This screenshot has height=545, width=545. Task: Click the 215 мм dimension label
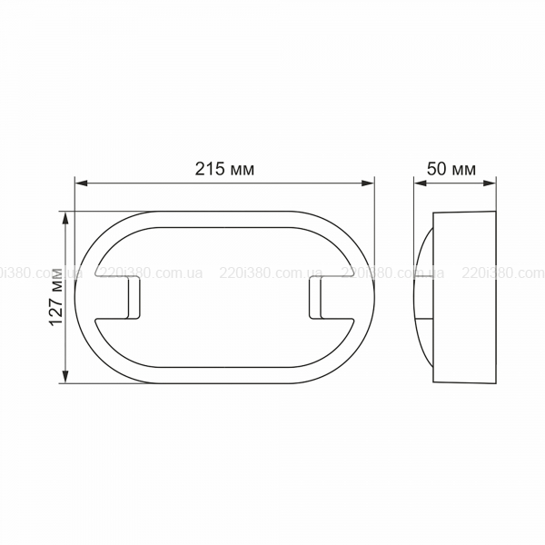click(224, 169)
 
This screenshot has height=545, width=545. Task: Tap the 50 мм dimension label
click(451, 169)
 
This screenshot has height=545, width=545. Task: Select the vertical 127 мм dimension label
click(55, 296)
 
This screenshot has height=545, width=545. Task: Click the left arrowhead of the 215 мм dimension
click(82, 183)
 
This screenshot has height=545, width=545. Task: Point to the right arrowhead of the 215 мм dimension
click(368, 183)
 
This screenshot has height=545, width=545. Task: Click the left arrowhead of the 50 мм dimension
click(420, 183)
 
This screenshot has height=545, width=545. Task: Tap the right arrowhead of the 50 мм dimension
click(490, 183)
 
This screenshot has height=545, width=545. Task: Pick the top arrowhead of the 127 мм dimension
click(65, 218)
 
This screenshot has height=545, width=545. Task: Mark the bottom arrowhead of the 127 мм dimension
click(65, 377)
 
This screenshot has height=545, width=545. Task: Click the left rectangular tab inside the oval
click(134, 298)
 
